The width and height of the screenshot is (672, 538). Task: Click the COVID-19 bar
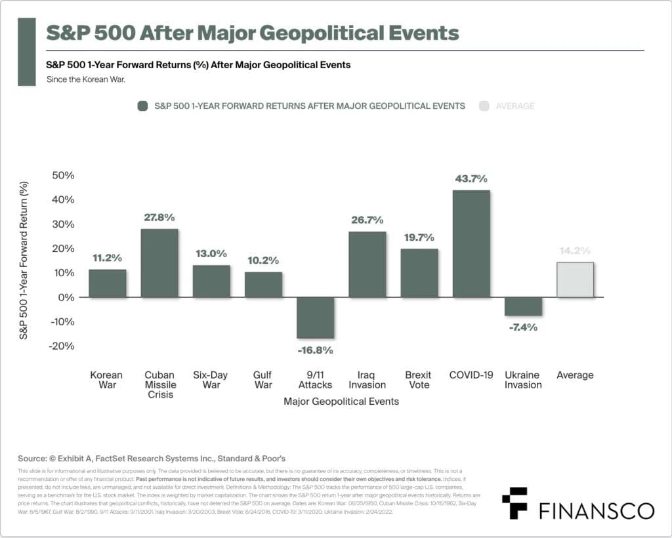(x=471, y=243)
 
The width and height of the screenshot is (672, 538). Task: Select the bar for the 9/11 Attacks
(x=315, y=318)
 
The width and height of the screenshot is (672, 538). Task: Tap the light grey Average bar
(x=575, y=280)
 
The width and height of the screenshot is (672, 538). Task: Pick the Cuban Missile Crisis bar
(x=159, y=262)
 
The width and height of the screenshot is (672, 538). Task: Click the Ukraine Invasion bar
(x=523, y=306)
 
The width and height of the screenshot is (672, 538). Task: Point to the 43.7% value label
(x=471, y=179)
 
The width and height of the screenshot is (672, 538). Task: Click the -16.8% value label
(x=315, y=350)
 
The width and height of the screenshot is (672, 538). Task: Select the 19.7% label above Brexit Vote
(x=419, y=238)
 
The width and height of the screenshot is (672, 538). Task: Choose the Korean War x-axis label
(x=108, y=380)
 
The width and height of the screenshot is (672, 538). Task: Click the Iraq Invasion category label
(x=367, y=380)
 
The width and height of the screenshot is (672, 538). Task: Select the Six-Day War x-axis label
(x=211, y=380)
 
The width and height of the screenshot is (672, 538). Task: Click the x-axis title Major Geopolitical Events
(x=341, y=401)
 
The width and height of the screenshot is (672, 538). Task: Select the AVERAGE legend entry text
(x=515, y=106)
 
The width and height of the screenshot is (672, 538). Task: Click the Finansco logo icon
(x=514, y=504)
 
